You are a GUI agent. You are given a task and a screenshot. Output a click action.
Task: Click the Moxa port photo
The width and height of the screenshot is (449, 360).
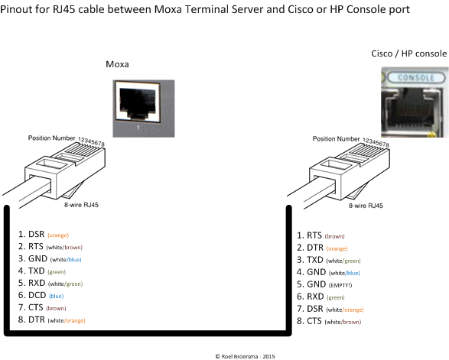pos(144,109)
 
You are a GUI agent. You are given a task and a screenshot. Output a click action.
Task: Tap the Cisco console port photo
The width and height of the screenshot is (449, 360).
pos(415,102)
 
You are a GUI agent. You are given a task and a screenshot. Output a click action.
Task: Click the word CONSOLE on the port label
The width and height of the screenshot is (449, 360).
pos(416,77)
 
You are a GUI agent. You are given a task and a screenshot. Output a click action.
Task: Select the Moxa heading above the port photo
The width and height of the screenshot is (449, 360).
pos(117,64)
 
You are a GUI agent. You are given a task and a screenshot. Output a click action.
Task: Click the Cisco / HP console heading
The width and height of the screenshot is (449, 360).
pos(409,54)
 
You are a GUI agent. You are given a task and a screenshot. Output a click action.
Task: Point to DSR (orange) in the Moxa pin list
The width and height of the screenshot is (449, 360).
pos(44,235)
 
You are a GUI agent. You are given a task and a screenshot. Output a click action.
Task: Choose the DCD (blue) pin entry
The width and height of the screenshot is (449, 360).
pos(41,295)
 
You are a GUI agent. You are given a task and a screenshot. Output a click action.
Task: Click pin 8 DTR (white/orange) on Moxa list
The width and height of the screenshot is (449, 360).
pos(52,319)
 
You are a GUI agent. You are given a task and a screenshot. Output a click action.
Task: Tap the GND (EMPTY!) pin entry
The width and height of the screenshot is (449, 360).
pos(324,284)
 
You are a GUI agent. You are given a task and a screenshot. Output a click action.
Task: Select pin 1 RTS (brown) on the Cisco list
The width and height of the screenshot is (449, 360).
pos(320,235)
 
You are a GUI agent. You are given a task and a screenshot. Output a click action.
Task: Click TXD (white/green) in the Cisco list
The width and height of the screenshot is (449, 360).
pos(329,260)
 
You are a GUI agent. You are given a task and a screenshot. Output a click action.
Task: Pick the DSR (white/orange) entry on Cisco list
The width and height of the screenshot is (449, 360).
pos(330,309)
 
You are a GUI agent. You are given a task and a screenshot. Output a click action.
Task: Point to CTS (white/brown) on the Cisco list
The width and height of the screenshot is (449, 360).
pos(329,321)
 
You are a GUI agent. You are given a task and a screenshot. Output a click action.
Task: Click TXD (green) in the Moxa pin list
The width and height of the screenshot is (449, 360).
pos(42,271)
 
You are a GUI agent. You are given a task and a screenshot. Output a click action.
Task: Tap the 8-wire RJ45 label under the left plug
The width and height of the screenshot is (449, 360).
pos(81,205)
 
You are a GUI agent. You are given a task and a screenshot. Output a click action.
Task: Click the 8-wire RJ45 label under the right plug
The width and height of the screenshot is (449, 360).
pos(366,206)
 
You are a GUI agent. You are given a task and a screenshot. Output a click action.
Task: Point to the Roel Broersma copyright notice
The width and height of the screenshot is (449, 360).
pos(245,356)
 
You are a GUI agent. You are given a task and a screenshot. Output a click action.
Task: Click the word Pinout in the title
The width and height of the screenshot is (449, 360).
pos(15,9)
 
